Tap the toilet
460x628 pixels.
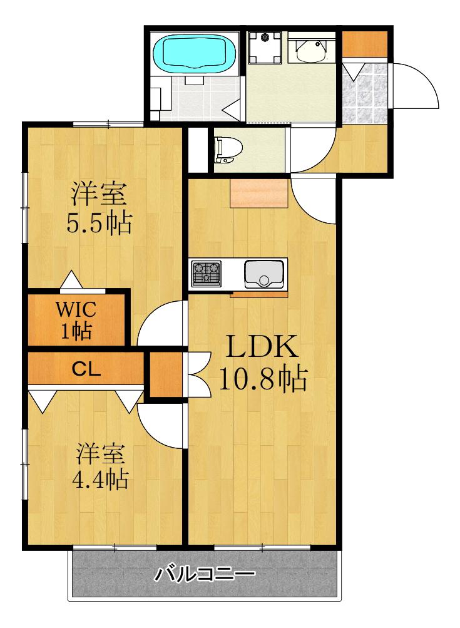[x=228, y=150]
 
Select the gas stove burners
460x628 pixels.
[x=206, y=274]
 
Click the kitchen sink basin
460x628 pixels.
[x=264, y=274]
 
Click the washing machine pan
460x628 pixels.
[x=264, y=48]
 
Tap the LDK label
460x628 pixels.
[x=262, y=347]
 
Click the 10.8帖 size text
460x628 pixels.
[x=263, y=378]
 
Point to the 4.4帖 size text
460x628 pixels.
[x=100, y=478]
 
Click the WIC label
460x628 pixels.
[x=76, y=309]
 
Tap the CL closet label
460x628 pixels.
[x=86, y=369]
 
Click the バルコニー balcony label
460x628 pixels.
[x=205, y=575]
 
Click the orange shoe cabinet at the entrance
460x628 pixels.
[x=365, y=43]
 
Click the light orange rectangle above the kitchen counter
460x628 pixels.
[x=259, y=193]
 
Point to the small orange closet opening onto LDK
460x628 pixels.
[x=166, y=374]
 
